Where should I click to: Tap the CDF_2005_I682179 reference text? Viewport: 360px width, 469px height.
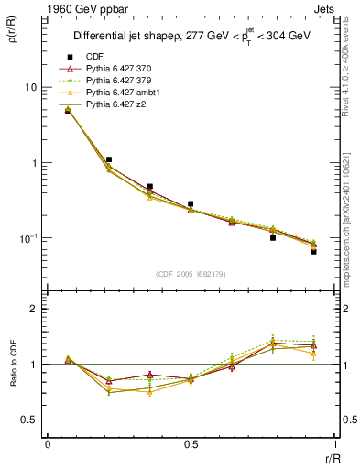pos(190,274)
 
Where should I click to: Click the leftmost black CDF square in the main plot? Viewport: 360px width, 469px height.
pos(68,111)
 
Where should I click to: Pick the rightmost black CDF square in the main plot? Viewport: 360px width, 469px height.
pos(313,251)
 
